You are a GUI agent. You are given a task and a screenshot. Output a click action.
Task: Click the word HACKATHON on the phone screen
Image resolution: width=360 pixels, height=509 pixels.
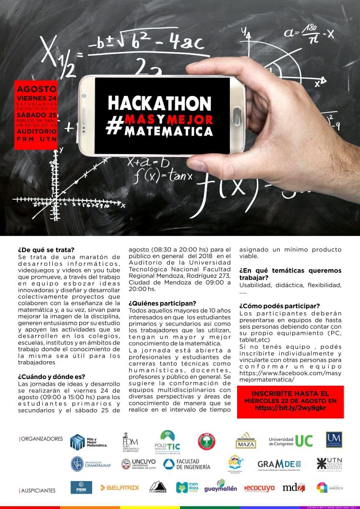point(159,103)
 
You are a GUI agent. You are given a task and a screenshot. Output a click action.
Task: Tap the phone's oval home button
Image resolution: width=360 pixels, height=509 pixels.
point(237,116)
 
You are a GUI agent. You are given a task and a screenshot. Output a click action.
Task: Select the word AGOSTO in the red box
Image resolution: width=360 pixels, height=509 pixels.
point(36,89)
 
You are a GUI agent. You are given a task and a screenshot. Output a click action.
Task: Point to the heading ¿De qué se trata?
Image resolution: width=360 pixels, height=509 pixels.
point(46,249)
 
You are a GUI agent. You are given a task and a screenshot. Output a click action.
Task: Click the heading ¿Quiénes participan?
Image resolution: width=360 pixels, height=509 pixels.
point(162,303)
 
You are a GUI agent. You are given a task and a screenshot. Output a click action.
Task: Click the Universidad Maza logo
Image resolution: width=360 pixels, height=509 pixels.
point(246,440)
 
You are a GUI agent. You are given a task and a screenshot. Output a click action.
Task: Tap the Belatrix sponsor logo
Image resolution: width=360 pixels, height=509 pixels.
point(120,487)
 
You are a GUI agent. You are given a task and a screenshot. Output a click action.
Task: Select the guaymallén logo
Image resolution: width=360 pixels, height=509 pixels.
point(220,487)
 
